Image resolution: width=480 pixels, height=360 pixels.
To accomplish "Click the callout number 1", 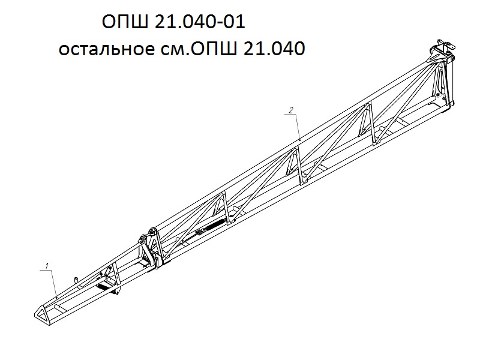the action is (47, 265).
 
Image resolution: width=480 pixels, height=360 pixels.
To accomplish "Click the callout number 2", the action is (291, 110).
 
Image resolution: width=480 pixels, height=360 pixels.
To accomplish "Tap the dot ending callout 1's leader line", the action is (57, 297).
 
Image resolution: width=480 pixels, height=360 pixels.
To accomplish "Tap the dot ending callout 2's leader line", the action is (300, 140).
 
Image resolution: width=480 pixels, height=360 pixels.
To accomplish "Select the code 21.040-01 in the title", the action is (200, 22).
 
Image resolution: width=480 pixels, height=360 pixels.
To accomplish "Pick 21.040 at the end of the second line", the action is (274, 49).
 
